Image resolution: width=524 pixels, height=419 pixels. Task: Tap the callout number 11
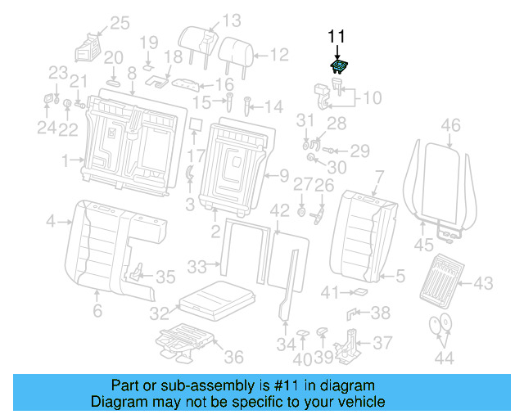[337, 36]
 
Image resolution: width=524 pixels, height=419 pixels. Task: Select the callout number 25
[120, 23]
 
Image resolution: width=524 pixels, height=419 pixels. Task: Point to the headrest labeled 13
[199, 41]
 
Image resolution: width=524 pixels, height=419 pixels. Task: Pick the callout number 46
[450, 125]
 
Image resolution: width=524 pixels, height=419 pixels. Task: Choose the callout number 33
[197, 266]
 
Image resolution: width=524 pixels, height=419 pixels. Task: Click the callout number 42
[279, 210]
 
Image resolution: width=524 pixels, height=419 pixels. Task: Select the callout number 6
[97, 310]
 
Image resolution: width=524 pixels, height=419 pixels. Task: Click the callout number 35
[165, 277]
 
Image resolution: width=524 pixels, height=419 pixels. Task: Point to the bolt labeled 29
[331, 150]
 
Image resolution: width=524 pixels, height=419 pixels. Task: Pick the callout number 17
[195, 155]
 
